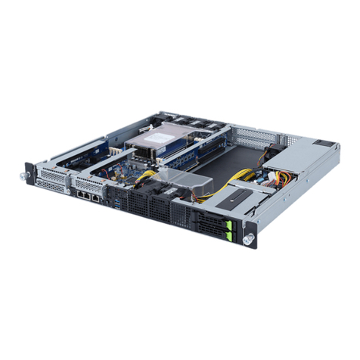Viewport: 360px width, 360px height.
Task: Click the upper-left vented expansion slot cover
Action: [54, 173]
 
